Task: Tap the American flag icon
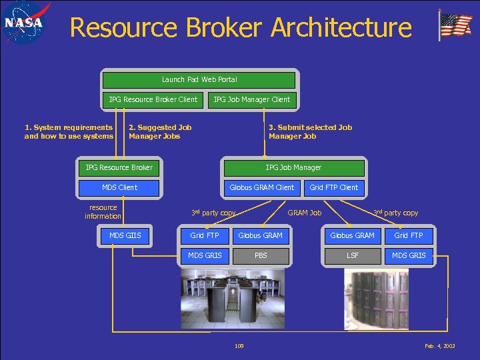[x=455, y=26]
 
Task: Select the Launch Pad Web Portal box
[x=199, y=80]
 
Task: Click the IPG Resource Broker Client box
[x=153, y=100]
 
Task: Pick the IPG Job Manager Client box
[x=251, y=100]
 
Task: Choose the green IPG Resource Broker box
[x=119, y=168]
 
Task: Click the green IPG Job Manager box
[x=293, y=168]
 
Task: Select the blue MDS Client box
[x=119, y=188]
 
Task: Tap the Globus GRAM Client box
[x=261, y=188]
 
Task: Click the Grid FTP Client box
[x=333, y=188]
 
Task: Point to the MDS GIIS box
[x=125, y=235]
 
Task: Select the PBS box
[x=261, y=255]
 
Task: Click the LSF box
[x=353, y=255]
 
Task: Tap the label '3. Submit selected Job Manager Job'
[x=310, y=132]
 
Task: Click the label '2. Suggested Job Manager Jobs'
[x=160, y=132]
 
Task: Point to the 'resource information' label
[x=103, y=212]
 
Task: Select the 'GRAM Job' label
[x=304, y=213]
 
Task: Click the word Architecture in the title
[x=341, y=28]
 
